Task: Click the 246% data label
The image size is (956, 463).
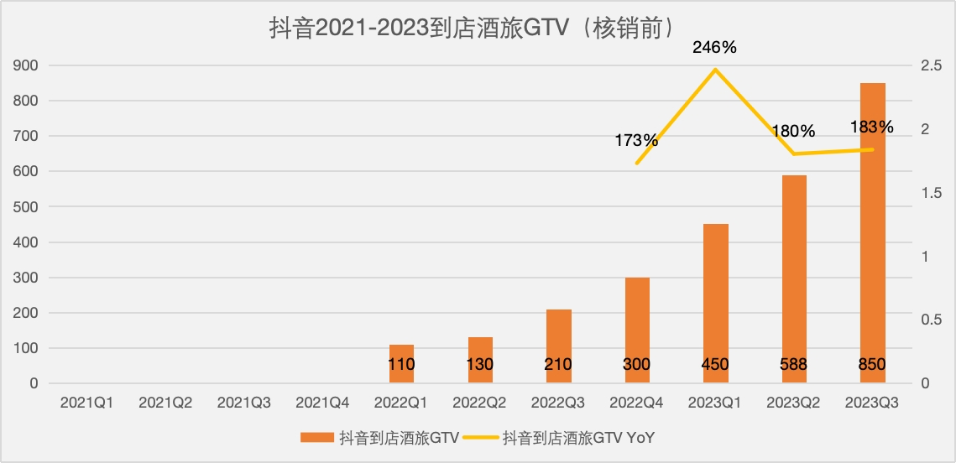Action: [x=714, y=48]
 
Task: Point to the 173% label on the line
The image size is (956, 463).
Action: [x=636, y=140]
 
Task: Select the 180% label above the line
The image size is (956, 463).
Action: [x=793, y=131]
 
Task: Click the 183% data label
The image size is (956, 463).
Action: [x=871, y=127]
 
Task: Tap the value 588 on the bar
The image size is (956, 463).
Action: [x=793, y=364]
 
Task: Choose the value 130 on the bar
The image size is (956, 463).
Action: [x=480, y=364]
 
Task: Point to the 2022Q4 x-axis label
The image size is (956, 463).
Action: [x=636, y=403]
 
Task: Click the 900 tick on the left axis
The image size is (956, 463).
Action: [x=25, y=65]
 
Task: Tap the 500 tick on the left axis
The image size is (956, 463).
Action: [x=25, y=206]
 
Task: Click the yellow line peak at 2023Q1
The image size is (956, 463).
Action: [x=714, y=69]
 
